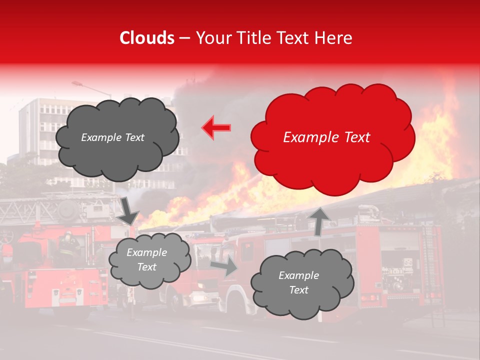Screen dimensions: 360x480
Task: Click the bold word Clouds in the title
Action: click(x=146, y=38)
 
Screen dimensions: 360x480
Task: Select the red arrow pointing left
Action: click(x=216, y=127)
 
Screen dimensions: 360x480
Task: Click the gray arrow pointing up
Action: click(x=320, y=220)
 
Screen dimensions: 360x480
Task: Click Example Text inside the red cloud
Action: click(x=326, y=137)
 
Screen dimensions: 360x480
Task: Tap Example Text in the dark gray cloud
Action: click(x=112, y=137)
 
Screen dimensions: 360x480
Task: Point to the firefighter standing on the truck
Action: click(x=68, y=245)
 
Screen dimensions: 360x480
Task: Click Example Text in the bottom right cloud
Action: click(x=298, y=282)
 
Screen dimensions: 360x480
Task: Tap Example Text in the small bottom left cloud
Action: click(x=146, y=259)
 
